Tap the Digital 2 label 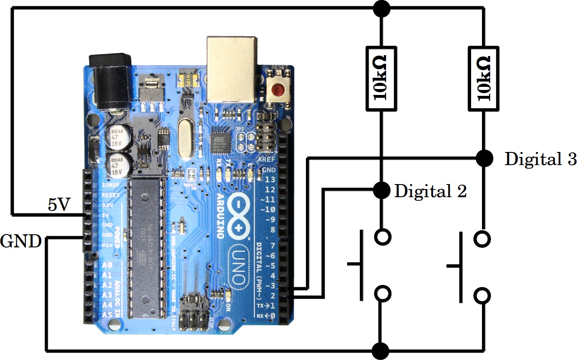(x=430, y=191)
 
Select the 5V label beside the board (x=59, y=205)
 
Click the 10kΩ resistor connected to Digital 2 (x=381, y=78)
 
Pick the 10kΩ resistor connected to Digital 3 (x=483, y=78)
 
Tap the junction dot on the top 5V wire (x=381, y=7)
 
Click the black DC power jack (x=111, y=81)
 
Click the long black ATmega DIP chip (x=144, y=246)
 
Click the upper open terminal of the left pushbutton (x=383, y=236)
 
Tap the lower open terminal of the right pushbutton (x=482, y=296)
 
